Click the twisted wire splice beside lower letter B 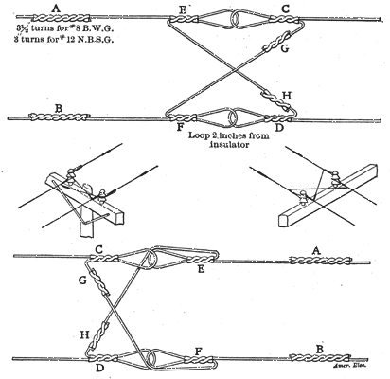click(310, 357)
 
